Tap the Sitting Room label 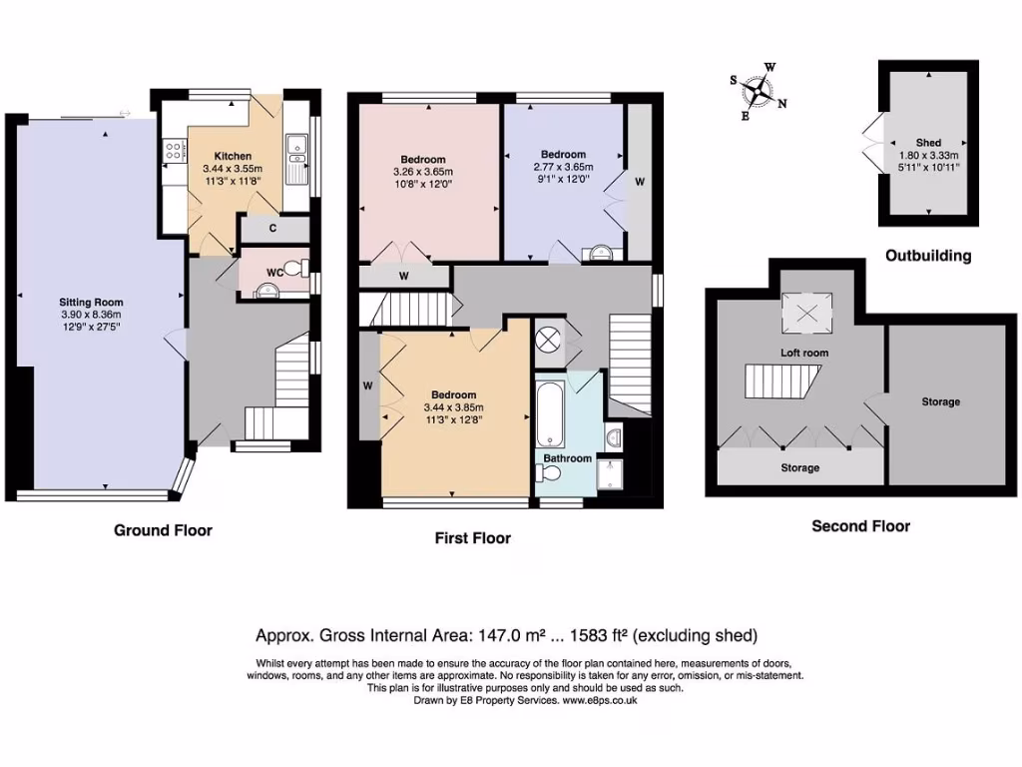click(91, 302)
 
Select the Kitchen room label click(233, 156)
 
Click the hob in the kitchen click(174, 152)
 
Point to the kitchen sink click(296, 149)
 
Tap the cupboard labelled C click(273, 229)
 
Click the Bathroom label click(568, 458)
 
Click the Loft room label click(804, 353)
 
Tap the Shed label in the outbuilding click(928, 142)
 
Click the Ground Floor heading click(163, 530)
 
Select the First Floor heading click(472, 538)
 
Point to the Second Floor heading click(860, 526)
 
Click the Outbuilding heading click(928, 256)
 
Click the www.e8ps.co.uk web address click(600, 700)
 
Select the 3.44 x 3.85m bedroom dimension click(454, 407)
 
